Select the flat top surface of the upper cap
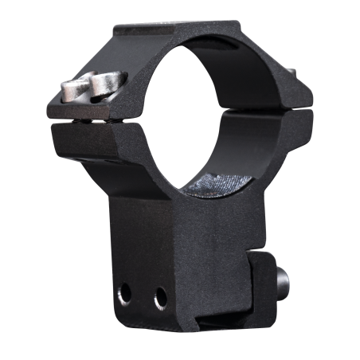click(x=179, y=33)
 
